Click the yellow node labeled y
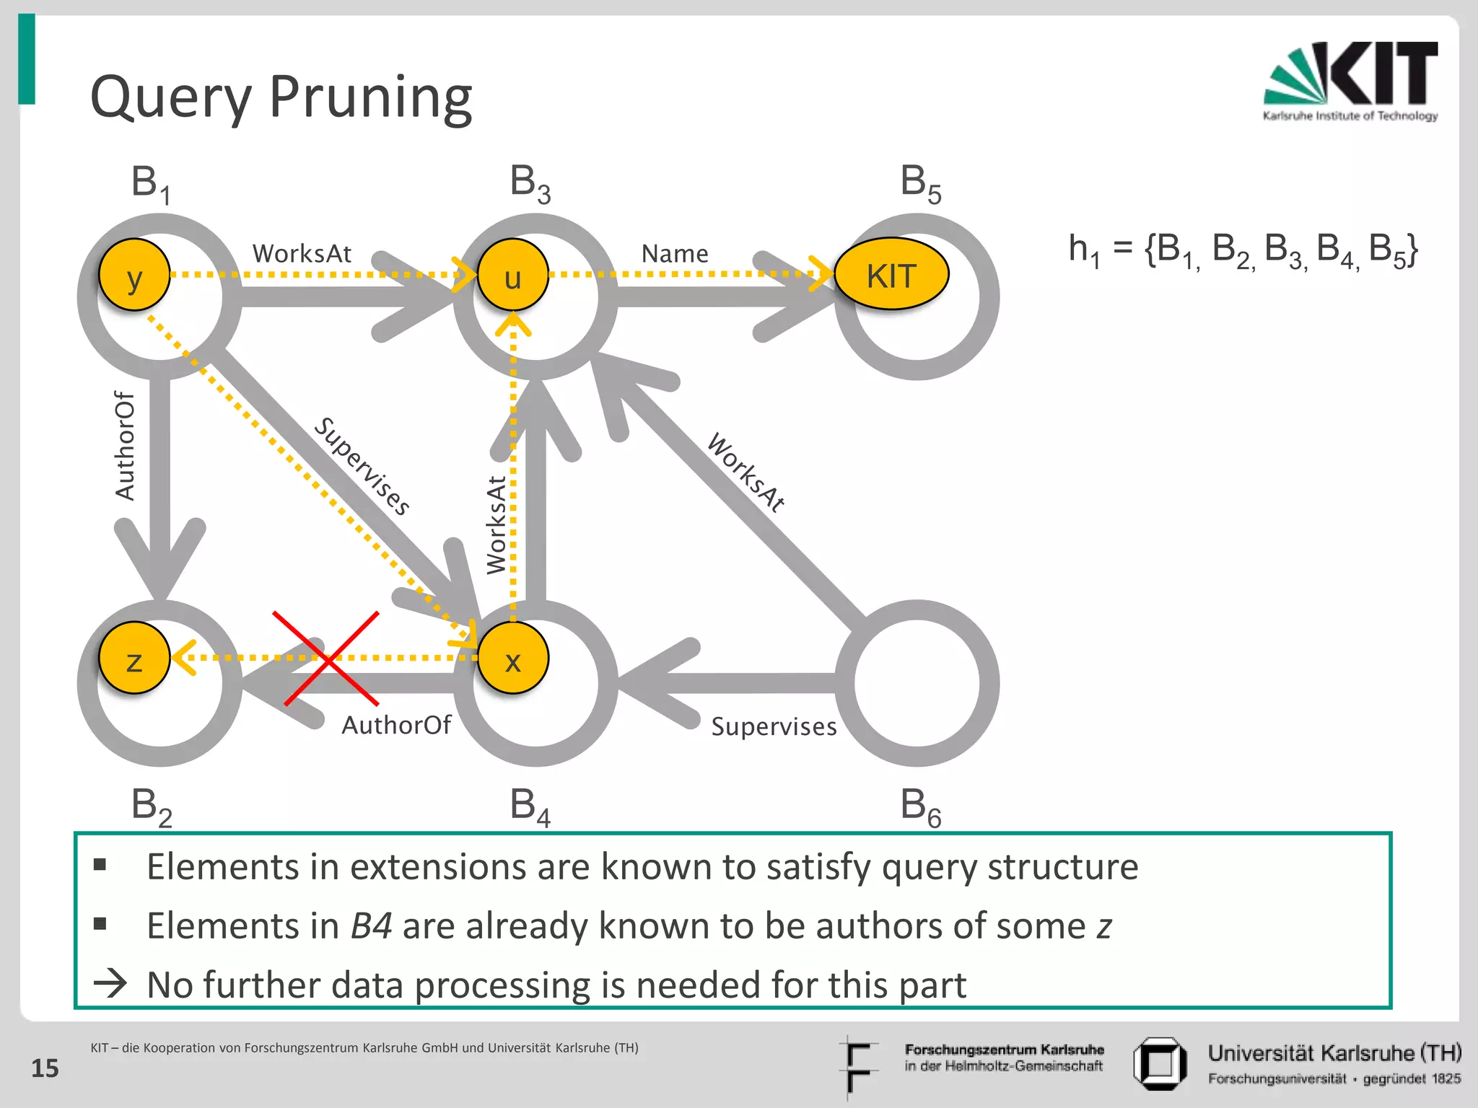pyautogui.click(x=134, y=275)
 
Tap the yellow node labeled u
pyautogui.click(x=512, y=275)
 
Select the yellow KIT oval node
pyautogui.click(x=891, y=274)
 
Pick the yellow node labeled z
pyautogui.click(x=134, y=658)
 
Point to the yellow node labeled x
pyautogui.click(x=512, y=658)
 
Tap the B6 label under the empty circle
pyautogui.click(x=920, y=806)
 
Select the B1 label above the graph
pyautogui.click(x=151, y=183)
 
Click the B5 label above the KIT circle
pyautogui.click(x=920, y=183)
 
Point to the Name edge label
pyautogui.click(x=675, y=254)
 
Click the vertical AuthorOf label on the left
pyautogui.click(x=125, y=446)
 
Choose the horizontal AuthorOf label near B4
pyautogui.click(x=396, y=725)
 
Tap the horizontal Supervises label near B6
pyautogui.click(x=774, y=726)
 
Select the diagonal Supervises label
pyautogui.click(x=362, y=466)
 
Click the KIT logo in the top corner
pyautogui.click(x=1350, y=82)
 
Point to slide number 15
pyautogui.click(x=45, y=1068)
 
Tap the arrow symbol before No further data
pyautogui.click(x=110, y=983)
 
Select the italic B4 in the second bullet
pyautogui.click(x=371, y=925)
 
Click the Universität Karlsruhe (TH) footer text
pyautogui.click(x=1334, y=1053)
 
